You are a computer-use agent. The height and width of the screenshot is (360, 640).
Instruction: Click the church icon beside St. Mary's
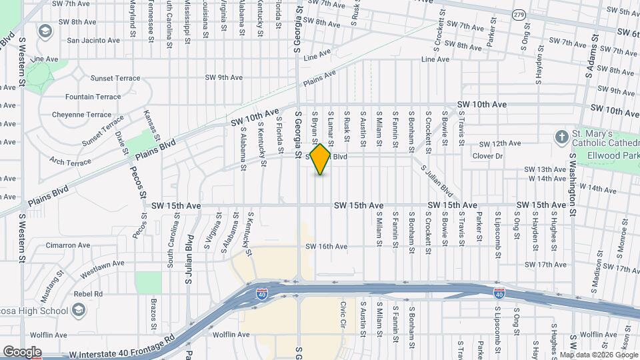click(x=562, y=137)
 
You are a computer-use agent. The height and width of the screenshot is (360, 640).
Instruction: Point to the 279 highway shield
click(x=519, y=14)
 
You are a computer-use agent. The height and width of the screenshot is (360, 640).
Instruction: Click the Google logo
click(x=21, y=352)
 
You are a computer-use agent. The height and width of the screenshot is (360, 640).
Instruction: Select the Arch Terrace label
click(x=70, y=162)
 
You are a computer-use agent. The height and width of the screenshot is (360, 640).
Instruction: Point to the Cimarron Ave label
click(x=68, y=245)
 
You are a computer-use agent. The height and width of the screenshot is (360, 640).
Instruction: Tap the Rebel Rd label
click(x=89, y=293)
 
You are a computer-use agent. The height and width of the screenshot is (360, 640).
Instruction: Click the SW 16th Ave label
click(x=327, y=247)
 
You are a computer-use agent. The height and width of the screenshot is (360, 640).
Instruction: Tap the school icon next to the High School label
click(x=79, y=310)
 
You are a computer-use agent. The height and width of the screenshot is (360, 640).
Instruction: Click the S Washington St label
click(x=572, y=186)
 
